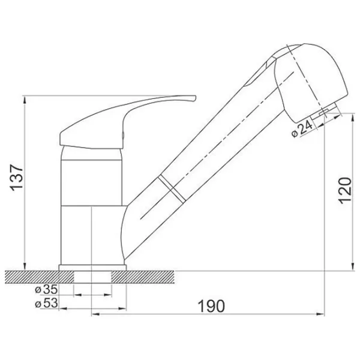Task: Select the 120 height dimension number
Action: point(345,191)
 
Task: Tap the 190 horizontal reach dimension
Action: point(211,306)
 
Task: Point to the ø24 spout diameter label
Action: point(302,128)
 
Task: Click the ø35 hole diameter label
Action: point(46,290)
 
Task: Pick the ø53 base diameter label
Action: point(46,303)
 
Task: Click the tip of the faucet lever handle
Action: point(195,98)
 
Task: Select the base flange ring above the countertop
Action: point(92,268)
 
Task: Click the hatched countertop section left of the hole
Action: point(39,277)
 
